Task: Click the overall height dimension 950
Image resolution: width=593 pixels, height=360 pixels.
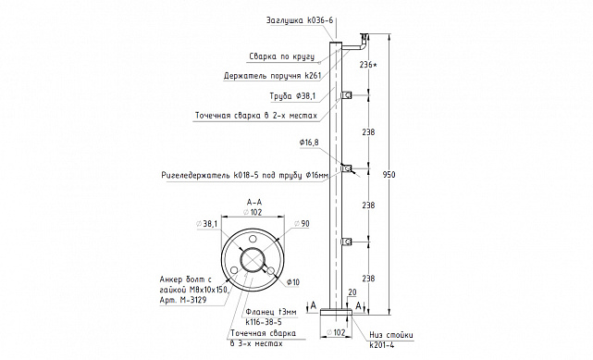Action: (x=389, y=175)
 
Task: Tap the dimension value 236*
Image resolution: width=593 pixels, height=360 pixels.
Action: (x=368, y=65)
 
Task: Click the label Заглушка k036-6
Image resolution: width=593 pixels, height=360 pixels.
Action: (x=300, y=20)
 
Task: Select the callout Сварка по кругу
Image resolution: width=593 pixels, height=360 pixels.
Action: (x=282, y=56)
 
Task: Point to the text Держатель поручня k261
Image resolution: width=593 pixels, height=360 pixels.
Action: (x=272, y=76)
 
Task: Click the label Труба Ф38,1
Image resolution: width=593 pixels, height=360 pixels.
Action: (x=292, y=96)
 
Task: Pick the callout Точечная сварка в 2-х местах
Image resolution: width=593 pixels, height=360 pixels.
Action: (x=256, y=116)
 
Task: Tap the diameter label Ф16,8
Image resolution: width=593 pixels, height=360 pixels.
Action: (x=309, y=143)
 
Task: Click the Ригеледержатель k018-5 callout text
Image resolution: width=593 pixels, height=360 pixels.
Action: (x=244, y=176)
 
